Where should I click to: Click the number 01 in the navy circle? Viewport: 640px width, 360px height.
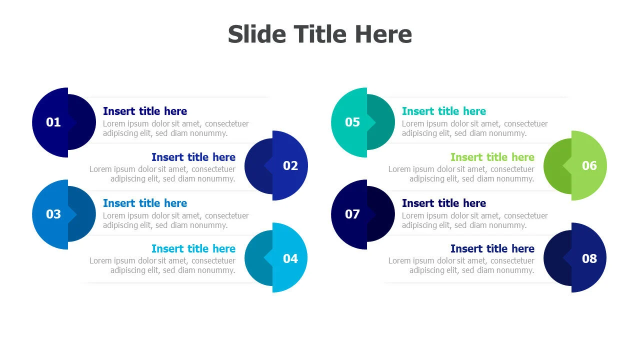tap(53, 122)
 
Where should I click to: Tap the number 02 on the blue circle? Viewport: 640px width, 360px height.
tap(290, 165)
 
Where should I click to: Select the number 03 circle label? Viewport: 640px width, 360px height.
tap(53, 214)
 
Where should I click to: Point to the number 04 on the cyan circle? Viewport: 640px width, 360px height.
tap(290, 258)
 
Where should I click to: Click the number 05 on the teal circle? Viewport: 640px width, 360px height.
tap(352, 122)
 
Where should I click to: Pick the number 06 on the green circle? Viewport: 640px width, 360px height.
tap(589, 165)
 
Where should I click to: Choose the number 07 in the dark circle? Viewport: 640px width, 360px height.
tap(352, 214)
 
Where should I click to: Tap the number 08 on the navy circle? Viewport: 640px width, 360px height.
tap(589, 258)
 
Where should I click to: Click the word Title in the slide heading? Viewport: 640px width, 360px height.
tap(320, 34)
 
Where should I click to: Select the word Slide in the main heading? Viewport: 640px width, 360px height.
tap(257, 34)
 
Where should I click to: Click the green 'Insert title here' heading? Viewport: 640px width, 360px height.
tap(492, 157)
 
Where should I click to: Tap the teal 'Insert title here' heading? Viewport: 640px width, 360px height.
tap(443, 111)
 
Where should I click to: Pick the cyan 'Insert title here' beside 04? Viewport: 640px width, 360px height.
tap(193, 249)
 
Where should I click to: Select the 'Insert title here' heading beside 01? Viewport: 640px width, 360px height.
tap(145, 111)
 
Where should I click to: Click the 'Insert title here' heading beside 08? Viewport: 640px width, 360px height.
tap(492, 249)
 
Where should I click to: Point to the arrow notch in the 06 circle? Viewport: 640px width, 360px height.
tap(567, 165)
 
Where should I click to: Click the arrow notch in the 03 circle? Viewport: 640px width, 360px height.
tap(72, 214)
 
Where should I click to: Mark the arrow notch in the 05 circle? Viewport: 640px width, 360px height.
tap(371, 122)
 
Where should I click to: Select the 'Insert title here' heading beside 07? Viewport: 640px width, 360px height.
tap(443, 203)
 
